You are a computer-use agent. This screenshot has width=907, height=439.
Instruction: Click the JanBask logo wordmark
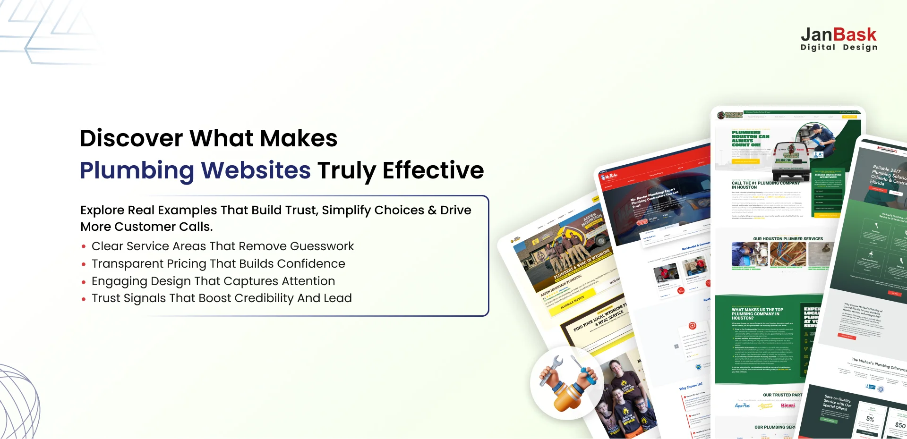click(839, 35)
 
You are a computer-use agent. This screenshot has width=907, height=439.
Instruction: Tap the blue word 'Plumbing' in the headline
click(137, 170)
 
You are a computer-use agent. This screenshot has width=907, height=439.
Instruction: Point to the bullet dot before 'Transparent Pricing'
click(84, 264)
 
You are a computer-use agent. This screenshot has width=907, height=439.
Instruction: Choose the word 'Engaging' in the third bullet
click(119, 281)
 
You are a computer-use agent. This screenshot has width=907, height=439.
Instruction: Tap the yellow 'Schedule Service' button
click(572, 303)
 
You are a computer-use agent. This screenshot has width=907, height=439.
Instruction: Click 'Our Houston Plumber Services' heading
click(787, 239)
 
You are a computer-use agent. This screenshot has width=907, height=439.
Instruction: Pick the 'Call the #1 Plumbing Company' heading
click(765, 185)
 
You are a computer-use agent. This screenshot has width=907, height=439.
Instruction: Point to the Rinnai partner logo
click(788, 405)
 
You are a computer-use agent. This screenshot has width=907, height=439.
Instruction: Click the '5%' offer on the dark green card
click(870, 419)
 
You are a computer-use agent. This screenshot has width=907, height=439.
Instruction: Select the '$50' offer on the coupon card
click(900, 425)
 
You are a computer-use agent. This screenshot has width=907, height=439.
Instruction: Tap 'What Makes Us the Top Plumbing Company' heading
click(757, 314)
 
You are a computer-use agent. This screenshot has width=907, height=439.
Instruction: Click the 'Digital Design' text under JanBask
click(839, 47)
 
